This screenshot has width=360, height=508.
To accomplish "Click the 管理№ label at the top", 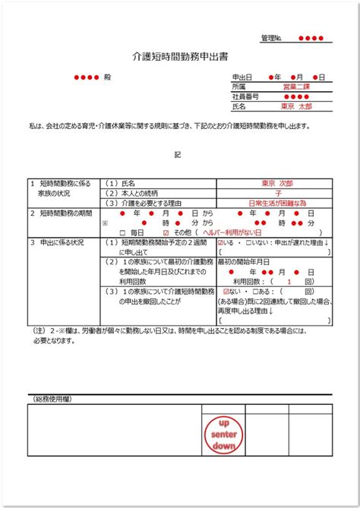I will click(272, 37).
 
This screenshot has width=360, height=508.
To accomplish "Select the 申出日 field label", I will click(242, 77).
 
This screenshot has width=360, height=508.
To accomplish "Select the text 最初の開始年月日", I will click(243, 260).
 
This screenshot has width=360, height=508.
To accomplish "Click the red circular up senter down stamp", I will click(224, 434).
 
